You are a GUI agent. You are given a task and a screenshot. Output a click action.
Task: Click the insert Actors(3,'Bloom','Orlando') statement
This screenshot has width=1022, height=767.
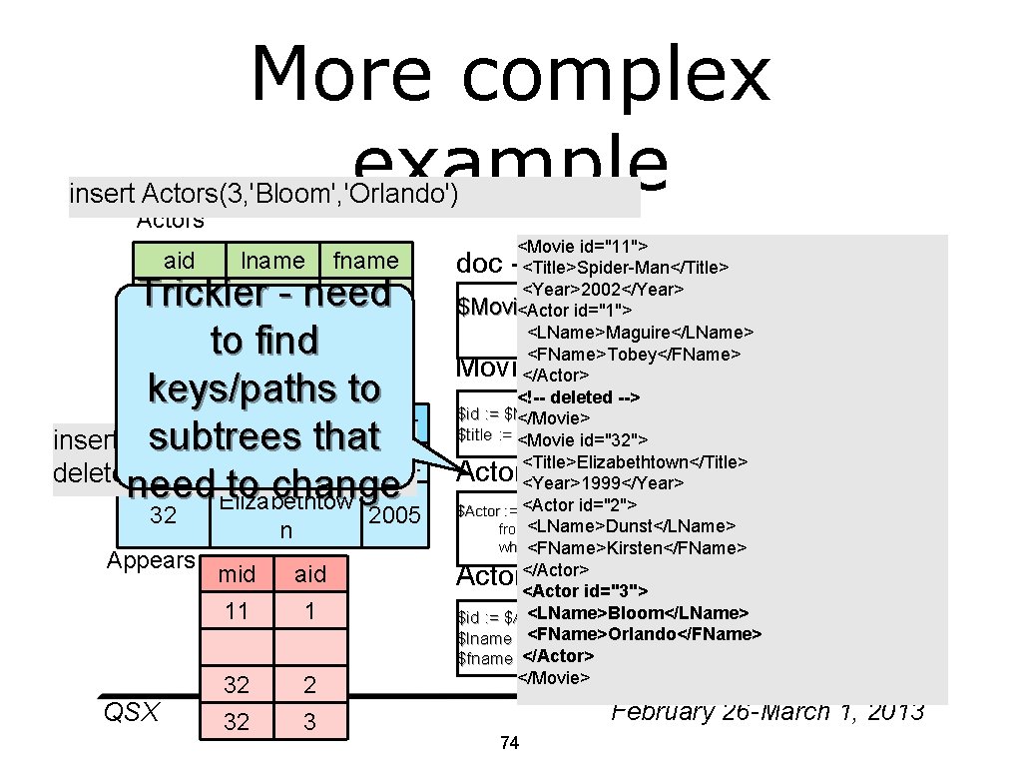[x=263, y=193]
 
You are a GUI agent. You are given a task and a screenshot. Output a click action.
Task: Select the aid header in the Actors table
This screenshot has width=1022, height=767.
[x=179, y=261]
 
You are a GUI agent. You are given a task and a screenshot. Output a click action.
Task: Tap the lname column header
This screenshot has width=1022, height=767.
[x=272, y=261]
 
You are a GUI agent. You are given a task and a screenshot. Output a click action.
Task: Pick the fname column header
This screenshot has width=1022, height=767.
[x=365, y=261]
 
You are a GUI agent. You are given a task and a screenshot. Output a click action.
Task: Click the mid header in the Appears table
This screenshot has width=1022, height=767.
[x=237, y=573]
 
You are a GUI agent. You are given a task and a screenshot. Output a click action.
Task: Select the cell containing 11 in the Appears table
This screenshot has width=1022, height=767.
[x=237, y=610]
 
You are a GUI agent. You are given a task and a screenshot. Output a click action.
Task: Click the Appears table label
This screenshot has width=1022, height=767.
[x=151, y=560]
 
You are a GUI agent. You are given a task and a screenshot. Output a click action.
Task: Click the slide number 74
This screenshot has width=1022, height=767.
[x=509, y=743]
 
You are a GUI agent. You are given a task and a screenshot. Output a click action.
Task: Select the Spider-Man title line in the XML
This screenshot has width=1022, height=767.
[x=625, y=267]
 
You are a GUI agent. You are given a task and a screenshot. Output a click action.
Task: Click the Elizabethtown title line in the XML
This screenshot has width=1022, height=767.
[x=633, y=461]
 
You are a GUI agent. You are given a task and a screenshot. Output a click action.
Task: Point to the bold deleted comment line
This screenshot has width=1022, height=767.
[x=579, y=396]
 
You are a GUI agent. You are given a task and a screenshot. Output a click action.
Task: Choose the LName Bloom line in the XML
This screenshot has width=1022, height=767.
[x=638, y=612]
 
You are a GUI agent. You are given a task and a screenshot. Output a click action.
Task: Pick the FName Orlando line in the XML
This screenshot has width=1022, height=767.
[x=644, y=634]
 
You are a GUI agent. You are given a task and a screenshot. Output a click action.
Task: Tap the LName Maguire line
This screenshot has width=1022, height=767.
[x=640, y=332]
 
